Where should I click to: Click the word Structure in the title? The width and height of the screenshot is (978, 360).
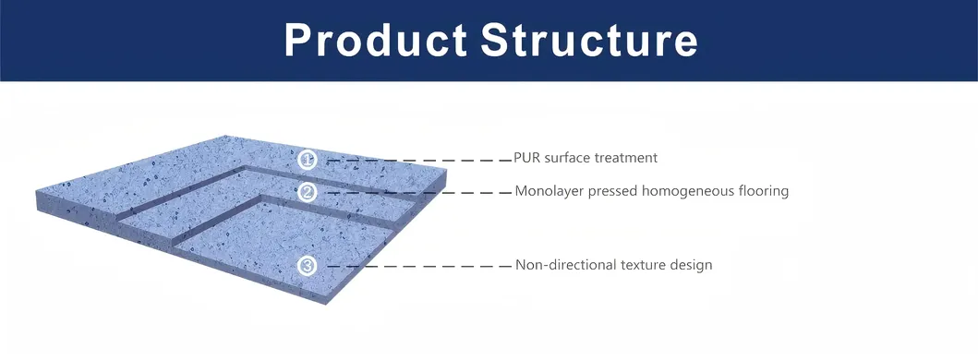point(589,41)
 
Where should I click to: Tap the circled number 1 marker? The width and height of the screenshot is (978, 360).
point(308,160)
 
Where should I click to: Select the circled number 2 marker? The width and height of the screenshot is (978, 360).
point(308,192)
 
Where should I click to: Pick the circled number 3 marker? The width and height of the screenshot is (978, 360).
point(308,266)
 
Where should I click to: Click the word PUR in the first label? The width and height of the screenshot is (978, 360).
point(527,158)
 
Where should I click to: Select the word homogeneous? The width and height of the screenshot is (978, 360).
point(681,191)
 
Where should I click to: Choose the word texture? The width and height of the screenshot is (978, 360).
point(640,265)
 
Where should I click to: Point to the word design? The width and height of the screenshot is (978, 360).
point(692,265)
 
